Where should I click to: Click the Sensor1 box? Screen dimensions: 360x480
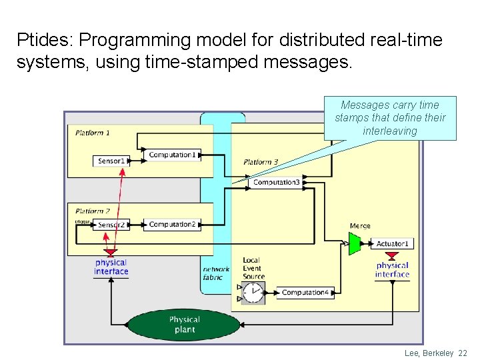pos(111,161)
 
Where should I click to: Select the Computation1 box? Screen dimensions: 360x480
pos(172,155)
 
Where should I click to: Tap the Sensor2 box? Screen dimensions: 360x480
pos(111,225)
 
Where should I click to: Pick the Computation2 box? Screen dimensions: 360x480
pos(172,225)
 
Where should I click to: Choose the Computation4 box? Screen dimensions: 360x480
pos(305,293)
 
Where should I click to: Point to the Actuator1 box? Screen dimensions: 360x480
pos(392,243)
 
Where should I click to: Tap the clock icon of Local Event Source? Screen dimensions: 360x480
pos(253,293)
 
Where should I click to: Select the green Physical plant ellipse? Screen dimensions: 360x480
pos(183,325)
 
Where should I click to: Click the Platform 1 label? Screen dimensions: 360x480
pos(93,133)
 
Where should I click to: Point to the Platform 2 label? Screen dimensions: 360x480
pos(93,211)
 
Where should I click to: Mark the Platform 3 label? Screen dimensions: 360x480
pos(261,162)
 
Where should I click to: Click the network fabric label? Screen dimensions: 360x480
pos(216,273)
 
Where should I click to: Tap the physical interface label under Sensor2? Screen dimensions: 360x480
pos(111,267)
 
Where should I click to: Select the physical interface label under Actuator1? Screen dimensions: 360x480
pos(392,270)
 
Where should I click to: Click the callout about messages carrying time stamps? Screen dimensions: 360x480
pos(390,118)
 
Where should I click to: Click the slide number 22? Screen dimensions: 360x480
pos(463,353)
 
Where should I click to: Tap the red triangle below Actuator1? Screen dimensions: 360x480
pos(392,255)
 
